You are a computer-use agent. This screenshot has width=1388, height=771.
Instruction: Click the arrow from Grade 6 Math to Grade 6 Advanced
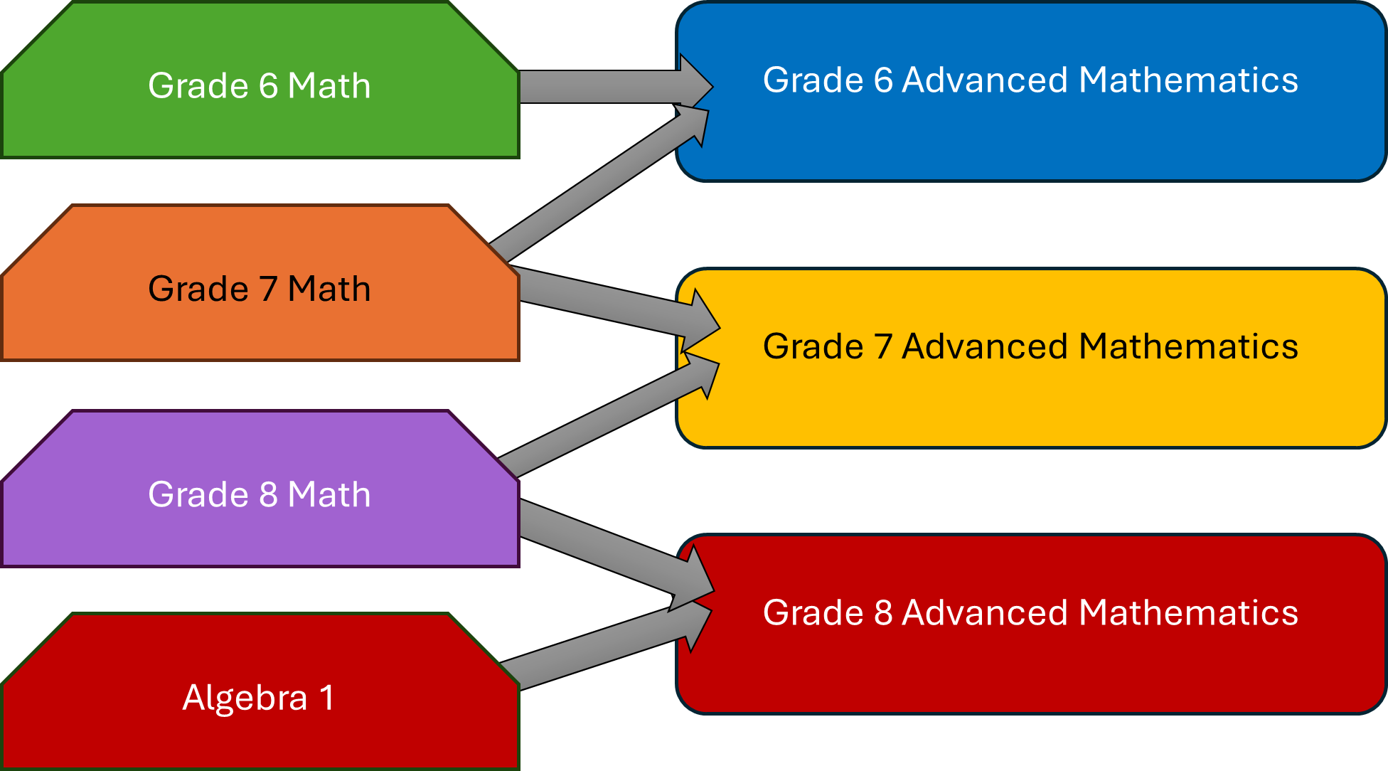(604, 86)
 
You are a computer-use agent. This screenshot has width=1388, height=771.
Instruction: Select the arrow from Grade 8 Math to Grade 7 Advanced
(604, 420)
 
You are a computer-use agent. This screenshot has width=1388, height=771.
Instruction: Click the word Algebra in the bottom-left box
(245, 698)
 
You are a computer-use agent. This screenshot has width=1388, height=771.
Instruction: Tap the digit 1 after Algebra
(326, 698)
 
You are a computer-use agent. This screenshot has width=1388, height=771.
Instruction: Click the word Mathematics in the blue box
(1188, 80)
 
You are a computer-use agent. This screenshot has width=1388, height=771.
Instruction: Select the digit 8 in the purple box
(268, 494)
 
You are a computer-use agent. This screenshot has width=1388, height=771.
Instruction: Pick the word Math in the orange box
(329, 289)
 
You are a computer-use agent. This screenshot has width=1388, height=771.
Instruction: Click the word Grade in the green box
(198, 86)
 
